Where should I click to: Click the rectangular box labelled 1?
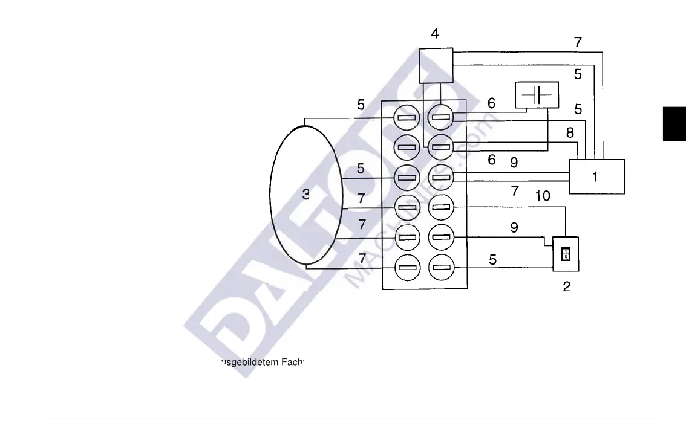point(596,176)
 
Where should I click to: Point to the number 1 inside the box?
point(595,177)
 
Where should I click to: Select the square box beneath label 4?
point(436,65)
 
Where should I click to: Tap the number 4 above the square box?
point(435,34)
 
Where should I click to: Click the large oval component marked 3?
point(306,195)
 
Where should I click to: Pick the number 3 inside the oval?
point(306,195)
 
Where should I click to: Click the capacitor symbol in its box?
point(537,95)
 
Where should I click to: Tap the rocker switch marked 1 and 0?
point(566,253)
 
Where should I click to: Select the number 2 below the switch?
point(567,287)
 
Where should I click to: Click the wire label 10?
point(542,195)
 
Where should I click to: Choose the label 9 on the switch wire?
point(514,228)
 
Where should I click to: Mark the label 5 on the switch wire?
point(493,259)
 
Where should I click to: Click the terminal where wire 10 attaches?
point(441,207)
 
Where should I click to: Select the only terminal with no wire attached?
point(407,147)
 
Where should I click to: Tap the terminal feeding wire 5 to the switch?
point(441,267)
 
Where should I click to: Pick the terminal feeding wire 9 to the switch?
point(441,237)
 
